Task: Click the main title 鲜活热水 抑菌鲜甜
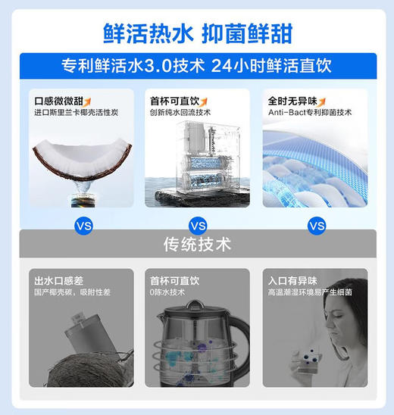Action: (x=197, y=33)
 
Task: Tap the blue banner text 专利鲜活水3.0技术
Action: (x=128, y=66)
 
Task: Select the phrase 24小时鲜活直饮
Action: (x=274, y=66)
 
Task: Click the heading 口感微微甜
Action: (x=58, y=101)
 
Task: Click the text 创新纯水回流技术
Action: (x=181, y=112)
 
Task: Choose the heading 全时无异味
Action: (x=292, y=101)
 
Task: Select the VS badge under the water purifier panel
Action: (x=197, y=226)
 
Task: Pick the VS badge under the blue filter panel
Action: (x=317, y=226)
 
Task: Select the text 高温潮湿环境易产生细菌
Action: (x=311, y=292)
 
